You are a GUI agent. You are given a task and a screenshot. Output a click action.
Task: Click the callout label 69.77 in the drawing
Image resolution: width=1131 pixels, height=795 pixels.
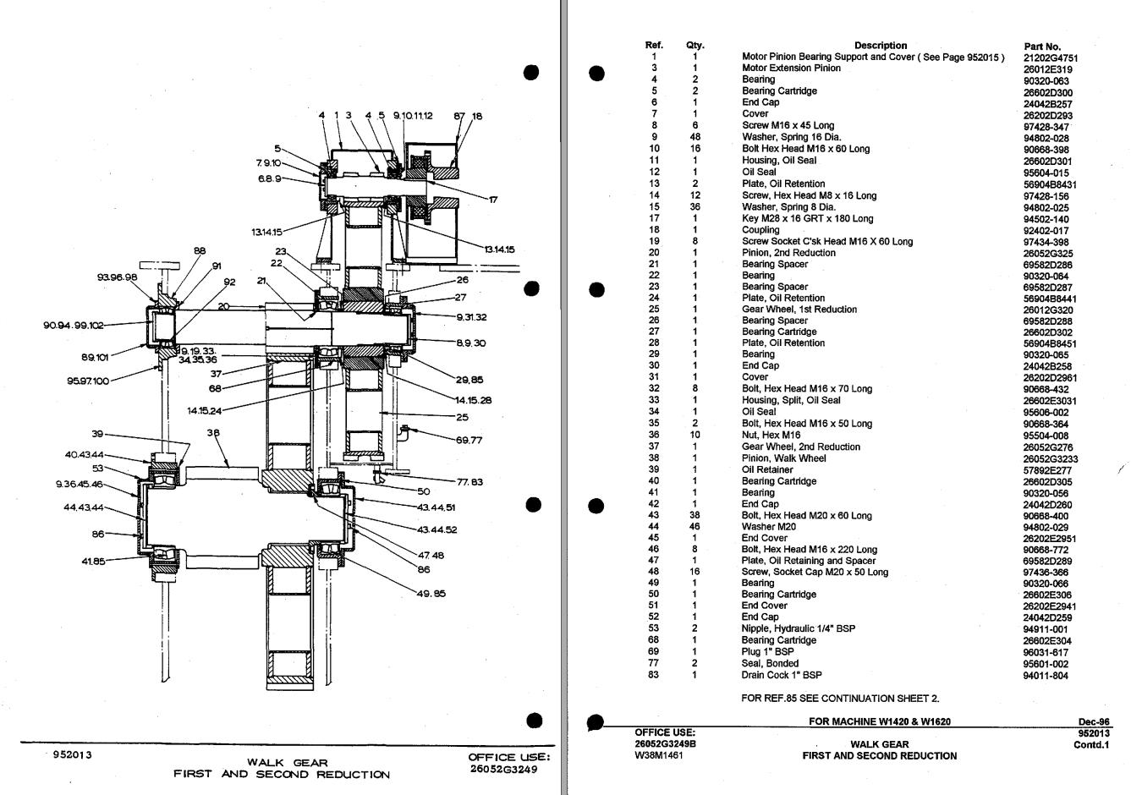pyautogui.click(x=469, y=440)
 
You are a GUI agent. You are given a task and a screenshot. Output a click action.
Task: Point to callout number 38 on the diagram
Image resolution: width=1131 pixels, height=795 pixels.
pyautogui.click(x=213, y=433)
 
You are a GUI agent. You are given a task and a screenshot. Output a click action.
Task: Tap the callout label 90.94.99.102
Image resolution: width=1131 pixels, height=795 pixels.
pyautogui.click(x=74, y=325)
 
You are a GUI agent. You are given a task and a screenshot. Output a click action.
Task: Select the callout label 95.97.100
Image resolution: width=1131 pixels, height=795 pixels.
pyautogui.click(x=88, y=381)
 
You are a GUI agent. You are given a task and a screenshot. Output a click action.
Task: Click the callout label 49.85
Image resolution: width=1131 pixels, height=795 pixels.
pyautogui.click(x=431, y=593)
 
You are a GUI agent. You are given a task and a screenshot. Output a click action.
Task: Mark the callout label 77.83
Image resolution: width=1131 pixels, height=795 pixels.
pyautogui.click(x=469, y=482)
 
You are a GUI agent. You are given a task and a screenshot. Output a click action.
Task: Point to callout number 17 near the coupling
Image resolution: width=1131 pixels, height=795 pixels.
pyautogui.click(x=493, y=200)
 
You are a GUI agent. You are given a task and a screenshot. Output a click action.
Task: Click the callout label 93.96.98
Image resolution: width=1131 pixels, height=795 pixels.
pyautogui.click(x=117, y=277)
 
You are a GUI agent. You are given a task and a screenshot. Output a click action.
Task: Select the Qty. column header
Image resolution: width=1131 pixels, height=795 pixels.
pyautogui.click(x=695, y=46)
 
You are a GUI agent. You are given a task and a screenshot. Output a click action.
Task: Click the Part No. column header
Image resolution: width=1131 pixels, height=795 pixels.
pyautogui.click(x=1041, y=47)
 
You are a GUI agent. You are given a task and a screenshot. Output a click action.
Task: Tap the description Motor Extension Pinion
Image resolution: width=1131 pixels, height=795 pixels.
pyautogui.click(x=779, y=68)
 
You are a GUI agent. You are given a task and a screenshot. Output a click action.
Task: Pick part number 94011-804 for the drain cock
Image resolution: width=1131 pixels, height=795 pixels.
pyautogui.click(x=1046, y=676)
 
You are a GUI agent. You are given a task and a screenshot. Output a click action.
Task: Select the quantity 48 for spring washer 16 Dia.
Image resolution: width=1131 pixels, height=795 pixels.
pyautogui.click(x=695, y=137)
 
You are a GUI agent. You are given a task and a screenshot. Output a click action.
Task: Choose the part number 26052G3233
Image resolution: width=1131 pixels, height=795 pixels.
pyautogui.click(x=1050, y=458)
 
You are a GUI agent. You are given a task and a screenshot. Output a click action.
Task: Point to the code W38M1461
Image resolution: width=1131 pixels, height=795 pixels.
pyautogui.click(x=658, y=756)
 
